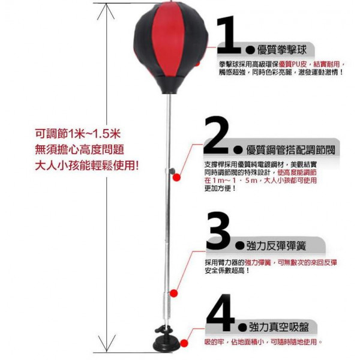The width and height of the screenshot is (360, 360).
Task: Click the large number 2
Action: tap(217, 135)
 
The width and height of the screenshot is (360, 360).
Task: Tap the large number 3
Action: tap(218, 230)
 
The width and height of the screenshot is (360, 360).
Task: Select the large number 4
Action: tap(220, 313)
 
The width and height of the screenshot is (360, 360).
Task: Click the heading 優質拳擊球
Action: tap(282, 50)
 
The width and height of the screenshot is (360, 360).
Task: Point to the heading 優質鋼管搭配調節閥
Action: tap(290, 150)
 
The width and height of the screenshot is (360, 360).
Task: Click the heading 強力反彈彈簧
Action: tap(276, 246)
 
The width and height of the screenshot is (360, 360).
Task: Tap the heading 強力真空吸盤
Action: tap(279, 327)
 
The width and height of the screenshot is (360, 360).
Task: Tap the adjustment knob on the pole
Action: tap(172, 171)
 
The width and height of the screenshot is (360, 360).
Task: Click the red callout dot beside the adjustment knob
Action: tap(176, 177)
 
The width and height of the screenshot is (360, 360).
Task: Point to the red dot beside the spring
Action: tap(173, 293)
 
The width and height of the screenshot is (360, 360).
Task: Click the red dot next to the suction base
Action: tap(184, 343)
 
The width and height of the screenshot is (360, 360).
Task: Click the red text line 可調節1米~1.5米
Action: tap(78, 134)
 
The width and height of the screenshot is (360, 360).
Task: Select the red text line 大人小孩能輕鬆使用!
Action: tap(87, 166)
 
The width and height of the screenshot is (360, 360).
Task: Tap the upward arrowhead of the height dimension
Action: tap(106, 11)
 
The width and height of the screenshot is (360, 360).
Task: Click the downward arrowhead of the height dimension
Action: tap(107, 343)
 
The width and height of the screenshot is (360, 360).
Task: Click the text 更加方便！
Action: tap(220, 188)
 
